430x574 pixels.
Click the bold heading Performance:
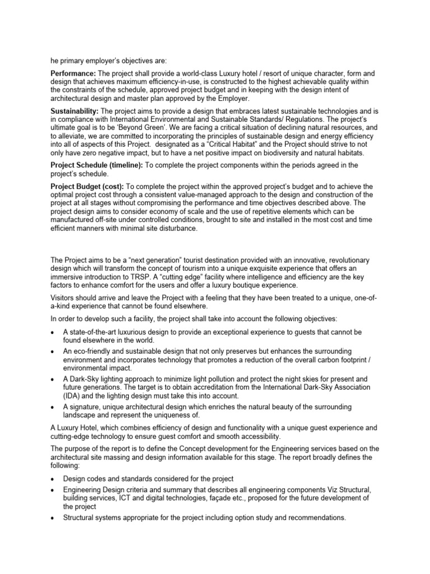[73, 73]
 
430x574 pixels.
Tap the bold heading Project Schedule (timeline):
[96, 165]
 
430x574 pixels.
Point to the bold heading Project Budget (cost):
[87, 187]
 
